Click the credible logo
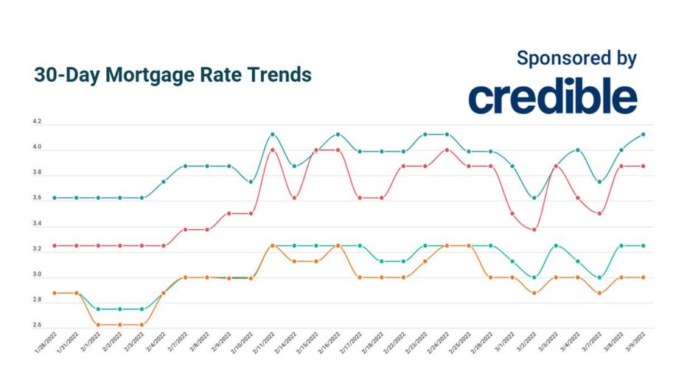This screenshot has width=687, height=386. point(552,97)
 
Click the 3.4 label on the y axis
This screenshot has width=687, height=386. point(38,224)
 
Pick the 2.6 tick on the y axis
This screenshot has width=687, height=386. point(38,326)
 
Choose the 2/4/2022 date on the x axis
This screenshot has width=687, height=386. point(156,345)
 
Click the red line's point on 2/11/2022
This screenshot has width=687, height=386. point(273,150)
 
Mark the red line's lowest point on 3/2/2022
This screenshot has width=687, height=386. point(534,230)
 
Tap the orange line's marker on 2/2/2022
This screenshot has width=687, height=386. point(120,324)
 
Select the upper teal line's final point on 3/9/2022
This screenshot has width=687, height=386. point(644,134)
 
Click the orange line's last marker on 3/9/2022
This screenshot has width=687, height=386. point(644,277)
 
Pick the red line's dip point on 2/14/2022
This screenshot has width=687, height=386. point(294,197)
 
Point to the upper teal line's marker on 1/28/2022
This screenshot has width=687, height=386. point(55,197)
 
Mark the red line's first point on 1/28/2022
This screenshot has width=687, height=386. point(55,245)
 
